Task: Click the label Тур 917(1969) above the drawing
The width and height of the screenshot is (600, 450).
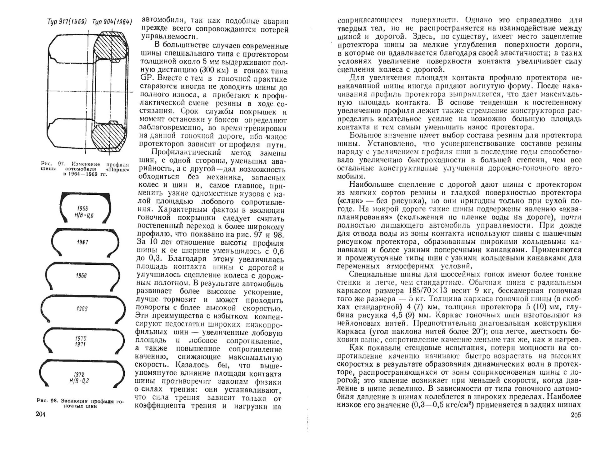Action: coord(67,22)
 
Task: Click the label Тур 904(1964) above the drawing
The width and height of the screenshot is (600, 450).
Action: coord(112,22)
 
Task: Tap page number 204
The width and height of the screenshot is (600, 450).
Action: coord(41,414)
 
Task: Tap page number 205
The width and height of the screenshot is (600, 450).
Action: coord(575,415)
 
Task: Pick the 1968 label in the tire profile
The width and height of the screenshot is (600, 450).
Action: coord(81,276)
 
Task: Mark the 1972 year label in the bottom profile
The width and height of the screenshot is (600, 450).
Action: coord(79,375)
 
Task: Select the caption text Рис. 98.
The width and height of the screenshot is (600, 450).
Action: coord(47,401)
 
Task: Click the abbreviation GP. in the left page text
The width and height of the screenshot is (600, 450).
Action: coord(145,78)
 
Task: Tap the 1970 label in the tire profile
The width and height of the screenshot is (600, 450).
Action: coord(81,338)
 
